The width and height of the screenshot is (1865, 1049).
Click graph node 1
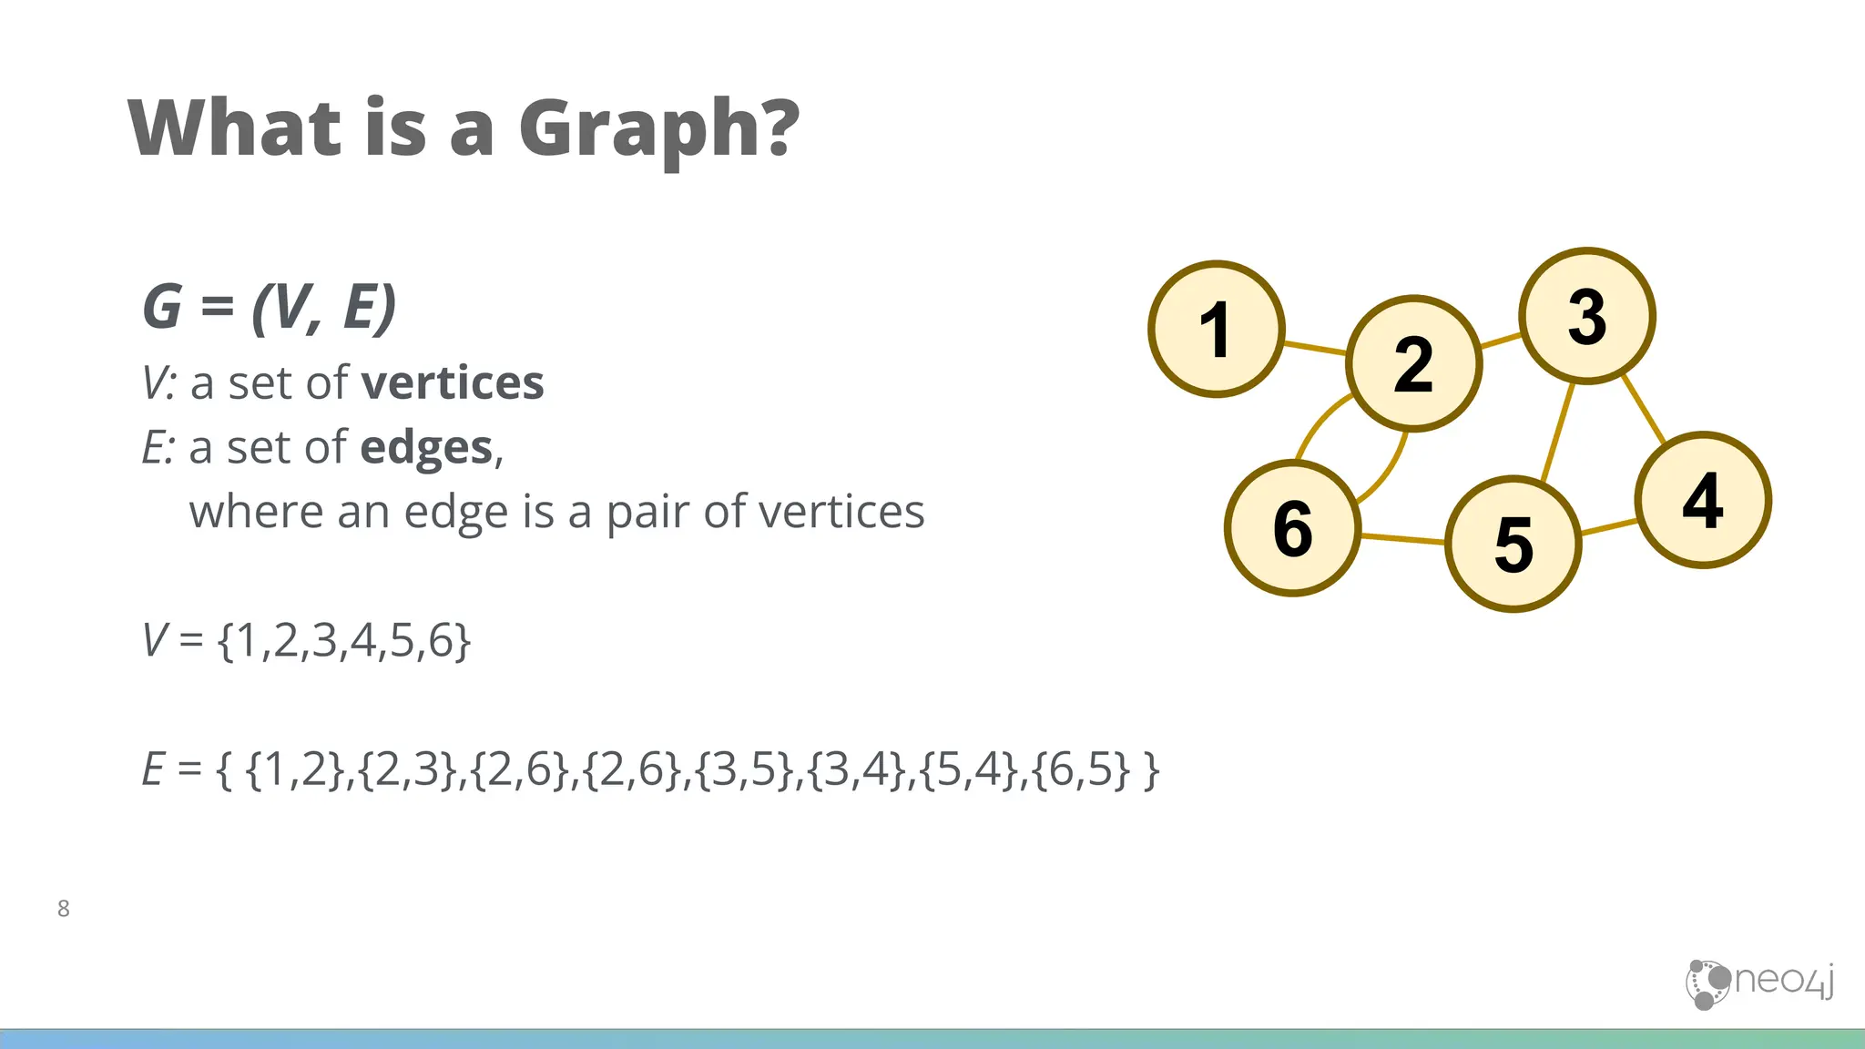1217,329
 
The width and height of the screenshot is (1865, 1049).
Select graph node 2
1413,363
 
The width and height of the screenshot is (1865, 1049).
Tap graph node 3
1587,316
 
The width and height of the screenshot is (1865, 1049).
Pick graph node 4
1703,500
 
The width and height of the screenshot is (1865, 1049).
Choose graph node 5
1513,545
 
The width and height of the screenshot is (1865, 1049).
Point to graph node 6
1293,528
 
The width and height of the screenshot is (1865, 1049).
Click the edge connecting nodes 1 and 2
1315,347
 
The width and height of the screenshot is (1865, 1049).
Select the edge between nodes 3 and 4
1644,408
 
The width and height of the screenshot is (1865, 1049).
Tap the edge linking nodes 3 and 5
1558,432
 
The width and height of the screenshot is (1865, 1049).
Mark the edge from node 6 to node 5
1402,539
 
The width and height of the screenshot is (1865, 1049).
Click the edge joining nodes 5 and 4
1609,526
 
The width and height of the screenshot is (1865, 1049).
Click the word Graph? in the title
658,129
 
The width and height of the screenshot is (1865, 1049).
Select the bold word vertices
453,382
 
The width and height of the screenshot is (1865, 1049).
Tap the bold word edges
426,447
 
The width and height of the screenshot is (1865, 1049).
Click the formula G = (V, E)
270,307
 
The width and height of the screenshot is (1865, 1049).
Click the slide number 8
63,908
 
